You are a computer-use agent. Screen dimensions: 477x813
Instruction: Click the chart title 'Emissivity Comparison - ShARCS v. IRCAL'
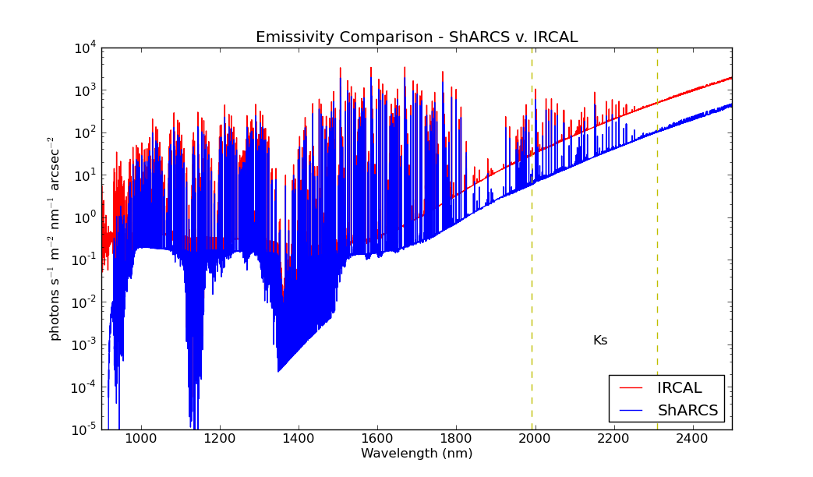[416, 37]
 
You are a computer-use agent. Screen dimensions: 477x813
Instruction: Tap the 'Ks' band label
[599, 341]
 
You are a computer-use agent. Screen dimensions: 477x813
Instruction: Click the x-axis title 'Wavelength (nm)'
[416, 454]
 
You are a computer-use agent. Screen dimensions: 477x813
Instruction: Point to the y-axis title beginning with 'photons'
[55, 238]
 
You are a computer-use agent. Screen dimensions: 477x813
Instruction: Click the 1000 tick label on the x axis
[141, 440]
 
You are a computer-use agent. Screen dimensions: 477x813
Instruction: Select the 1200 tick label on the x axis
[220, 440]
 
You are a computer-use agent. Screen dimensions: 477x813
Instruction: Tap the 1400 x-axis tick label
[299, 440]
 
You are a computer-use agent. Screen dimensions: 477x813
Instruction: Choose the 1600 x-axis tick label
[377, 440]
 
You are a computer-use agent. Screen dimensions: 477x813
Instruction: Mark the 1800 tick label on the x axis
[456, 440]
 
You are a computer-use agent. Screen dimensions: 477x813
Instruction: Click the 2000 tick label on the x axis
[535, 440]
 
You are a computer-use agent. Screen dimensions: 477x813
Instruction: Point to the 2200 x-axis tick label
[613, 440]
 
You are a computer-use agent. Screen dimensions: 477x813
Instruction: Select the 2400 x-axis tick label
[692, 440]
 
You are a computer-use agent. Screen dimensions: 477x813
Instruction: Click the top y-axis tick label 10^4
[84, 48]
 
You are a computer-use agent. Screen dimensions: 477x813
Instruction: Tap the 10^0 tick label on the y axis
[84, 217]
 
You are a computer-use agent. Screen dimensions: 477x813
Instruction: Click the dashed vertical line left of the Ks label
[532, 234]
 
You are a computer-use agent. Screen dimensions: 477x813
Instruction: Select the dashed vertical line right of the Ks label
[657, 234]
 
